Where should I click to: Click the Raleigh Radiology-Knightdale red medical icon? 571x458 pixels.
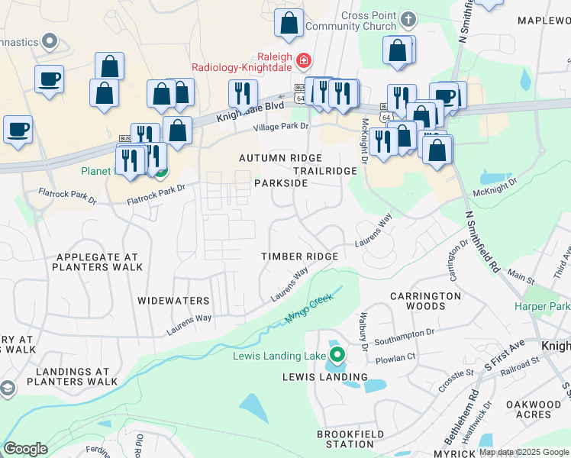pyautogui.click(x=304, y=60)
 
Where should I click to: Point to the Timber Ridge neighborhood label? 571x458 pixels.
pyautogui.click(x=299, y=256)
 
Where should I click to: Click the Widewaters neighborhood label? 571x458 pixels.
pyautogui.click(x=173, y=301)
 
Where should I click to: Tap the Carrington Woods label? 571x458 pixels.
pyautogui.click(x=426, y=301)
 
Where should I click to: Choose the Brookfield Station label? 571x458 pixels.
pyautogui.click(x=345, y=439)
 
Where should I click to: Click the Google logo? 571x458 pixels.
pyautogui.click(x=25, y=448)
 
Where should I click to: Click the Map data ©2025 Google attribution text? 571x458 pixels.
pyautogui.click(x=524, y=452)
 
